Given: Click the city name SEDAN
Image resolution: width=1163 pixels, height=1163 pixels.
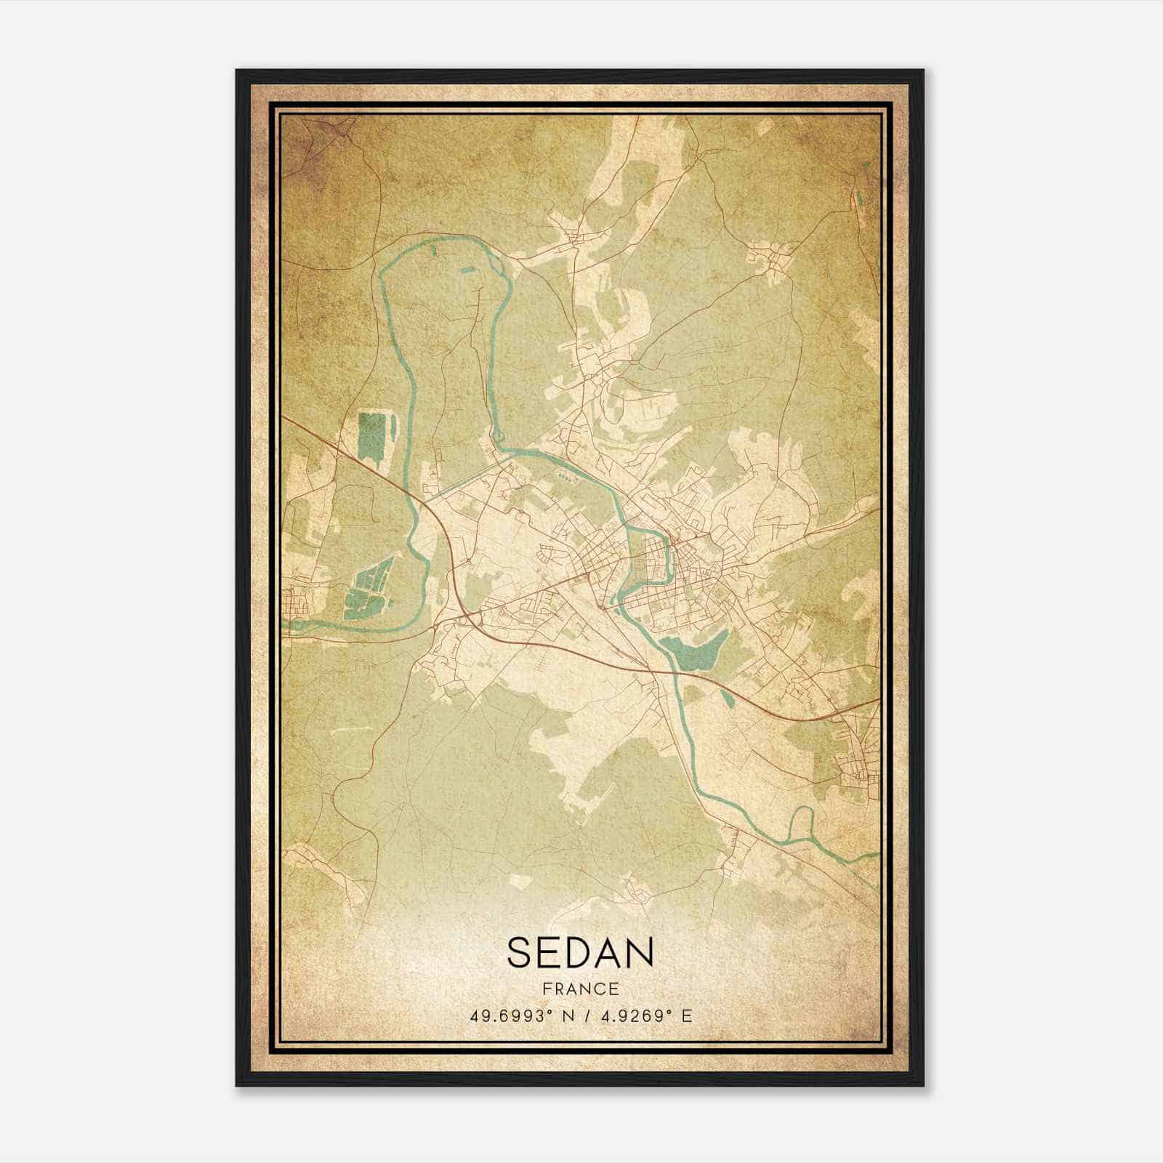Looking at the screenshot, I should click(581, 952).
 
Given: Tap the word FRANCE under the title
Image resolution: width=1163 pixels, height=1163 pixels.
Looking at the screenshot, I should click(581, 989).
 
